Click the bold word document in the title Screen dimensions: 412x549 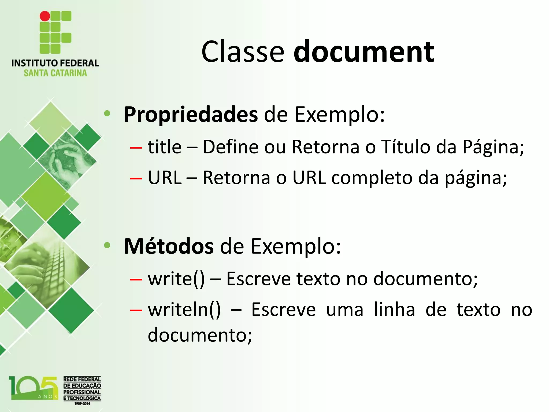pos(364,51)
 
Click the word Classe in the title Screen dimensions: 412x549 pos(243,51)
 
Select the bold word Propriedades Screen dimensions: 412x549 pos(191,115)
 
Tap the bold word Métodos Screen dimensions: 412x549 pos(169,246)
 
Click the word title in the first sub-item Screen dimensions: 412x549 pos(165,147)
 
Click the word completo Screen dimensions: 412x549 pos(372,178)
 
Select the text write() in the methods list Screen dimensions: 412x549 pos(176,279)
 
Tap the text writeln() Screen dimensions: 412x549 pos(184,310)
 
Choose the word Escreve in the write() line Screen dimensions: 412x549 pos(258,279)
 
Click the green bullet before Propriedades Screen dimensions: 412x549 pos(107,113)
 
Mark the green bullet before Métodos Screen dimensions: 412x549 pos(107,245)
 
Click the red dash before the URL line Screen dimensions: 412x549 pos(136,178)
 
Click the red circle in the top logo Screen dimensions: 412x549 pos(45,16)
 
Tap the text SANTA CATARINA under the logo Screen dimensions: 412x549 pos(55,73)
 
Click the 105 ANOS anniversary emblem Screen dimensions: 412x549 pos(34,388)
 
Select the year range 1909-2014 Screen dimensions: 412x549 pos(82,403)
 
